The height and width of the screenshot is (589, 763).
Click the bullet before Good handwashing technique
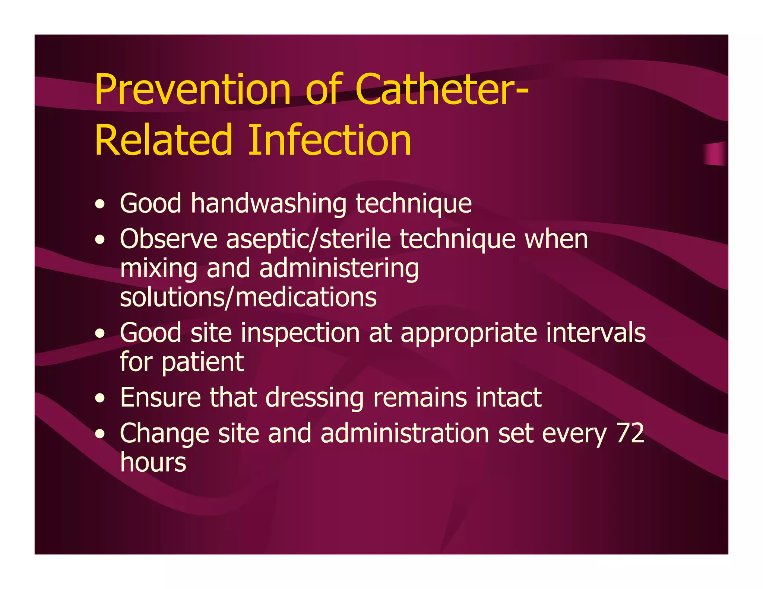tap(99, 204)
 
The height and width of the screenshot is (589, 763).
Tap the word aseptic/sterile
tap(308, 240)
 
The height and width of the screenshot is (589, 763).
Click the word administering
tap(339, 269)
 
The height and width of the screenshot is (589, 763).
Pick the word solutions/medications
tap(248, 297)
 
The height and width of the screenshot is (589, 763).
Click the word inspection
tap(300, 334)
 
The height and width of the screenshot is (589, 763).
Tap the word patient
tap(203, 362)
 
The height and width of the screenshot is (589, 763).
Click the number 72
tap(630, 433)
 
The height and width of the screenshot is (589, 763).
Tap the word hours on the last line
tap(153, 462)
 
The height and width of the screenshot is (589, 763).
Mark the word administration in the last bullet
tap(405, 433)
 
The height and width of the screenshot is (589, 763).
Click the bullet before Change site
tap(99, 434)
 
